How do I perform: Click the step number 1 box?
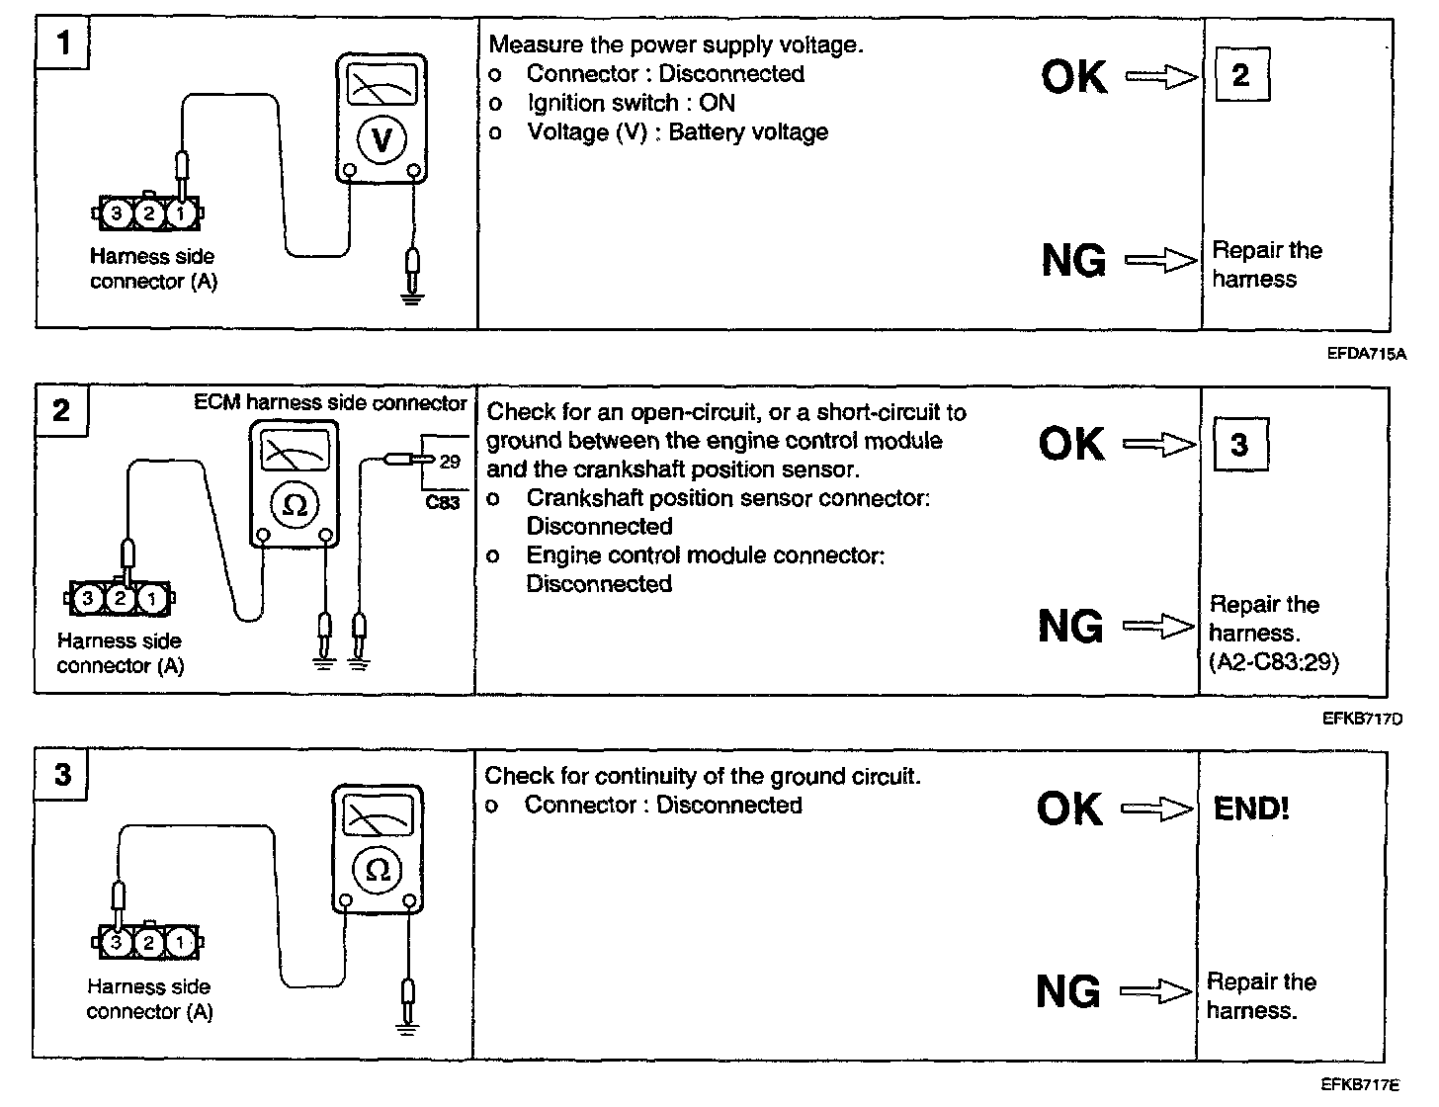coord(63,43)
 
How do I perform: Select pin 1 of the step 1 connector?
coord(180,212)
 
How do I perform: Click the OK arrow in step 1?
coord(1161,77)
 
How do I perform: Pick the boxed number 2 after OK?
coord(1240,75)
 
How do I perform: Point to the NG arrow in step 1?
coord(1161,261)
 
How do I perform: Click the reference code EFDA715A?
coord(1366,353)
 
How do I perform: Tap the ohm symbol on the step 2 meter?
coord(295,504)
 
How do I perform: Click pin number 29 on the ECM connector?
coord(450,461)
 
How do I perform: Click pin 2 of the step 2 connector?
coord(120,598)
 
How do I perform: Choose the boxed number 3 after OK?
coord(1239,445)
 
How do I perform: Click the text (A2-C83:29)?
coord(1273,661)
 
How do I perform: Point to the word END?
coord(1251,809)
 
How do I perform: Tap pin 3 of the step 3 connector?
coord(117,942)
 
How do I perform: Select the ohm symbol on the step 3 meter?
coord(378,869)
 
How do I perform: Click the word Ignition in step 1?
coord(568,103)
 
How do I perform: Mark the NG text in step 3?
coord(1068,991)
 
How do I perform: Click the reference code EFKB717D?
coord(1362,719)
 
